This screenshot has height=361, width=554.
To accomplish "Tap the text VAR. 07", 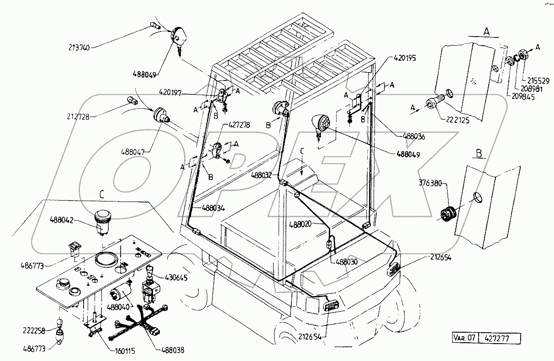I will tap(464, 339).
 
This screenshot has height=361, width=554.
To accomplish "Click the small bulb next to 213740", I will tap(154, 26).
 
